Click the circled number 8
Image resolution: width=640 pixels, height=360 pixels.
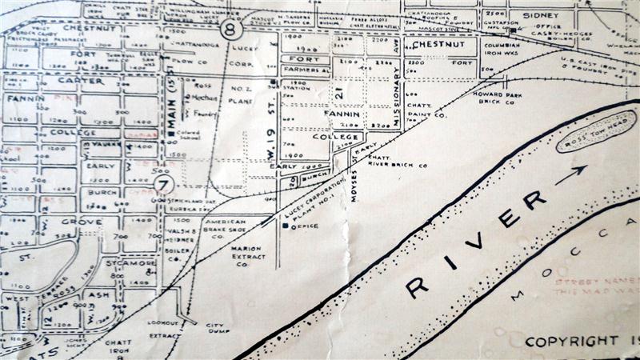(231, 30)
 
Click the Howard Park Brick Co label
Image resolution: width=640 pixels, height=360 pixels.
(498, 98)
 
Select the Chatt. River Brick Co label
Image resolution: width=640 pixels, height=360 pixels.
(399, 161)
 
